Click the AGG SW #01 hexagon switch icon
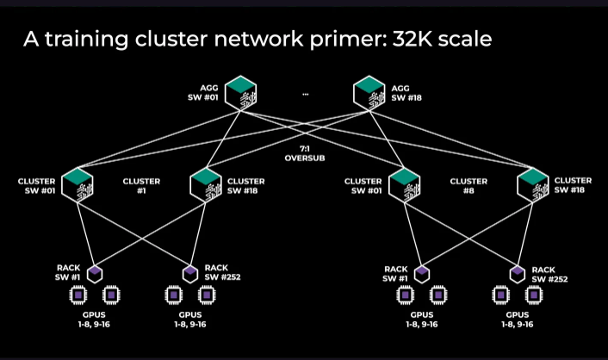(x=241, y=93)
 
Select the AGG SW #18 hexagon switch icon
(x=369, y=93)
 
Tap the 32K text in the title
(x=413, y=39)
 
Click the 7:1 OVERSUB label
(x=305, y=153)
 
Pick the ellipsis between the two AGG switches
(x=306, y=94)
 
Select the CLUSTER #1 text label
(x=141, y=186)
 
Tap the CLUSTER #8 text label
(x=468, y=186)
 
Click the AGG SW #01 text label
(x=203, y=93)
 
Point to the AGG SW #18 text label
(x=406, y=93)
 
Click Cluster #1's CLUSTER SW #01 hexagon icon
(x=78, y=185)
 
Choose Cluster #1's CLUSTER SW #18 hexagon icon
(x=206, y=185)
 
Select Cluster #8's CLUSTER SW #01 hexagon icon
(x=405, y=185)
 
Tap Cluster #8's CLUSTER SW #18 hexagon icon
(x=533, y=185)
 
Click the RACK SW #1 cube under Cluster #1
(x=95, y=274)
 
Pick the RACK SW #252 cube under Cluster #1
(x=190, y=274)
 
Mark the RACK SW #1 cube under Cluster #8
(x=422, y=274)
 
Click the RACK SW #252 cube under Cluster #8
(x=518, y=274)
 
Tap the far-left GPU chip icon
(x=78, y=295)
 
